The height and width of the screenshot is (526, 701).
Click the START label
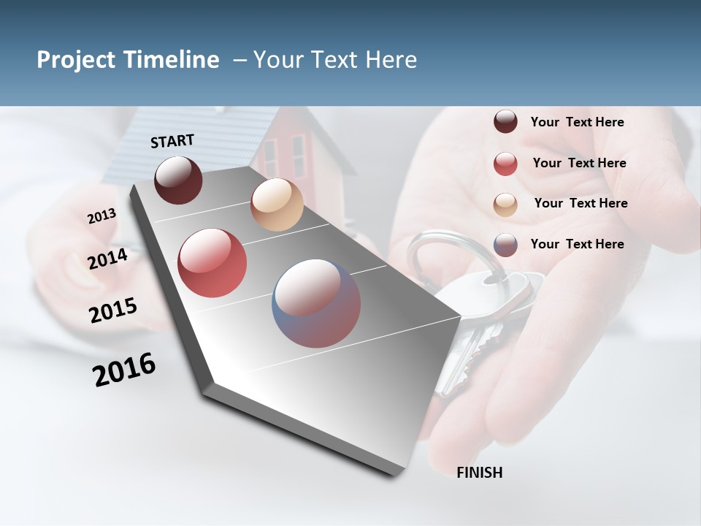point(172,141)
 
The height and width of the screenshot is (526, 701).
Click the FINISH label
point(479,473)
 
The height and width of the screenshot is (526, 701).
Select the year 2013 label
point(101,216)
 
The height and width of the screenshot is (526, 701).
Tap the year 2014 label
point(107,259)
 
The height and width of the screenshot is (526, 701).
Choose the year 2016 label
point(124,370)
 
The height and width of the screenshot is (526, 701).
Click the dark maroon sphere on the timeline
point(178,180)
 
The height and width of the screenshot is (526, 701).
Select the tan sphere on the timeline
point(277,205)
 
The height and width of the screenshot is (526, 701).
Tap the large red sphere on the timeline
point(212,263)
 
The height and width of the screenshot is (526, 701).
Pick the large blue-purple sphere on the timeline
point(316,303)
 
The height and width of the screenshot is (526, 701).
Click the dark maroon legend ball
point(505,122)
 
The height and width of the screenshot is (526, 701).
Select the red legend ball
point(505,164)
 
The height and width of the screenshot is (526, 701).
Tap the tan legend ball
point(505,205)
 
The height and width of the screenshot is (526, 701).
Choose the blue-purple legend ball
point(505,245)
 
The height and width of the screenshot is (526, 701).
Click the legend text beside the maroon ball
point(577,123)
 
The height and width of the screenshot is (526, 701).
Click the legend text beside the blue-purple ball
point(577,244)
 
